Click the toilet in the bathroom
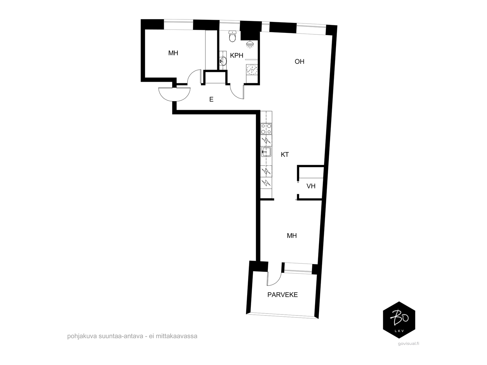click(233, 36)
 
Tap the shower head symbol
click(250, 44)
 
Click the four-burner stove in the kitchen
click(266, 129)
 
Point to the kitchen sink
click(266, 152)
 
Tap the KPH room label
click(236, 55)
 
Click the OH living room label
click(299, 61)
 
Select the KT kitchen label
click(285, 155)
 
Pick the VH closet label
click(311, 186)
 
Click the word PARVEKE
click(282, 295)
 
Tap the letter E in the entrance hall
click(211, 99)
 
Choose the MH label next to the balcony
click(292, 235)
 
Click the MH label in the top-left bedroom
click(173, 53)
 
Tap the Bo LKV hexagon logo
click(399, 320)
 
